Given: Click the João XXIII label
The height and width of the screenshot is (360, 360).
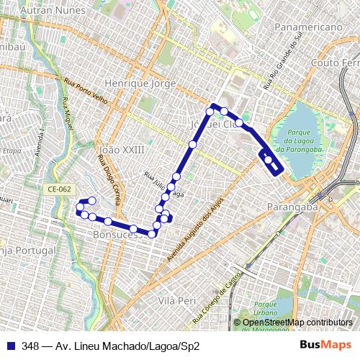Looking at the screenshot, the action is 120,150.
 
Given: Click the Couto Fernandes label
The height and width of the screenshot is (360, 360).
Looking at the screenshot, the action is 335,63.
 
